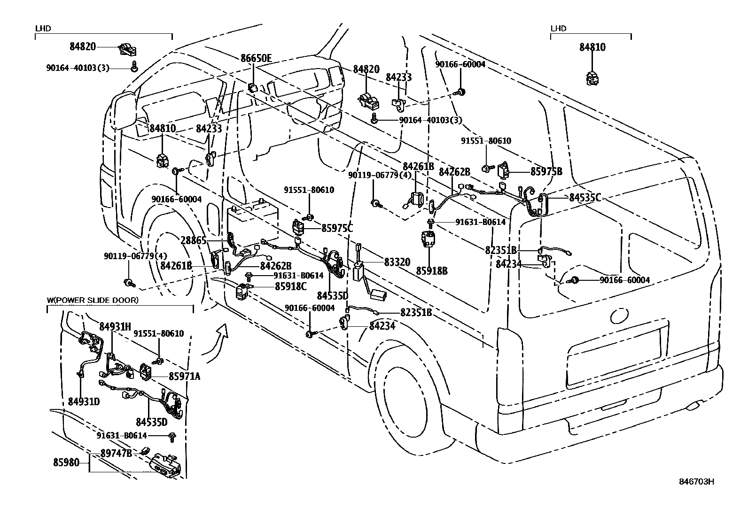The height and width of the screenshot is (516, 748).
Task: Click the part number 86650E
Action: [256, 59]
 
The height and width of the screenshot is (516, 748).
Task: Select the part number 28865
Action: [193, 240]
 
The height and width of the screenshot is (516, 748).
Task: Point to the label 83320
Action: [397, 262]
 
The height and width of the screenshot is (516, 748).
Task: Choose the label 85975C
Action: [337, 228]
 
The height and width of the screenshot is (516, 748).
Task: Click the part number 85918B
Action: [431, 270]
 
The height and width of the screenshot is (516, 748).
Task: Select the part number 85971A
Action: [184, 376]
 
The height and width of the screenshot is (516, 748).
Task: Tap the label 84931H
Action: [115, 326]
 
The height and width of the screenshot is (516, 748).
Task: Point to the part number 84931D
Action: [84, 401]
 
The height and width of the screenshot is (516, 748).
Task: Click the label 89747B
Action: [116, 453]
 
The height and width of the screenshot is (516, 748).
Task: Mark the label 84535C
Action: [585, 198]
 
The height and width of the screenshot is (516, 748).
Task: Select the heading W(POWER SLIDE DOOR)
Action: [93, 300]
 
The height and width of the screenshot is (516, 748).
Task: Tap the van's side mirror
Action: [123, 111]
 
